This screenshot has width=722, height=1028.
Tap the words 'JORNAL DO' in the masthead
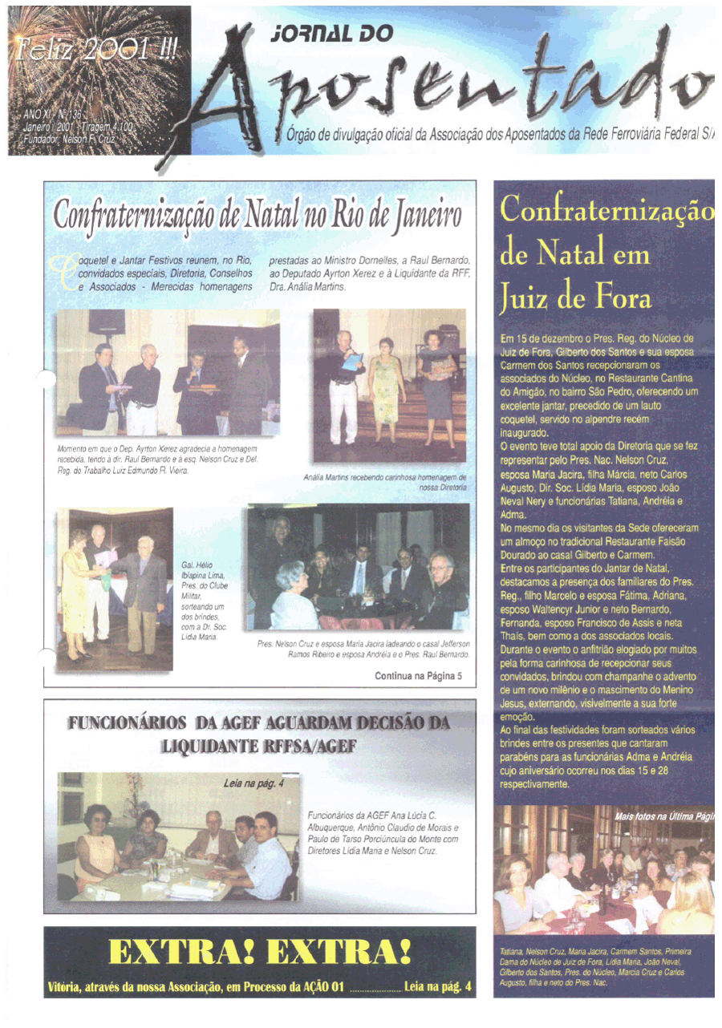[x=332, y=33]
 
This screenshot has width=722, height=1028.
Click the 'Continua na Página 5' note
[x=418, y=676]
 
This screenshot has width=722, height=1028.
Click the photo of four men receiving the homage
[x=167, y=373]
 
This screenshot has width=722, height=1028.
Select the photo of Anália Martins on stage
[x=389, y=385]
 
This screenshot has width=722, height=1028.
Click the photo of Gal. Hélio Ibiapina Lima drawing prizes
[x=114, y=589]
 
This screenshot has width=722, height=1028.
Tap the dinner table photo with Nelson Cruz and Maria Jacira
[x=358, y=567]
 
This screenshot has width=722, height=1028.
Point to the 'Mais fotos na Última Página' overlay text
[x=664, y=816]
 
